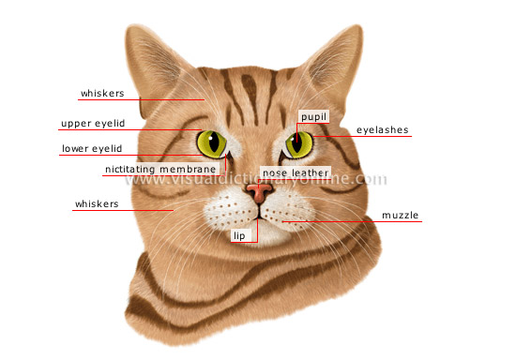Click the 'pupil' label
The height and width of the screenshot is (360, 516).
313,116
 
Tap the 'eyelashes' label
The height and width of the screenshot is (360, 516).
382,130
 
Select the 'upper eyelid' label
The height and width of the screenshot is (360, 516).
92,124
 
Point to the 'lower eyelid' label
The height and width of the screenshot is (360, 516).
91,148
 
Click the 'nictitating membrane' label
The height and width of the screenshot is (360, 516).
166,171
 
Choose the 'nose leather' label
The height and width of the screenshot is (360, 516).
295,173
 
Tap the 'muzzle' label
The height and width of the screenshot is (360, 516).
401,216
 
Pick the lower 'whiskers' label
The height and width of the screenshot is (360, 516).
97,203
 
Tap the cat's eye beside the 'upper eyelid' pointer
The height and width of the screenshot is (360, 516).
212,143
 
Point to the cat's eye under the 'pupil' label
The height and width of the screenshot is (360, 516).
299,143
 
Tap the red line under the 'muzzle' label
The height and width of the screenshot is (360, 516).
375,222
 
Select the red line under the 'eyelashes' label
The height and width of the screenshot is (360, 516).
375,137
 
